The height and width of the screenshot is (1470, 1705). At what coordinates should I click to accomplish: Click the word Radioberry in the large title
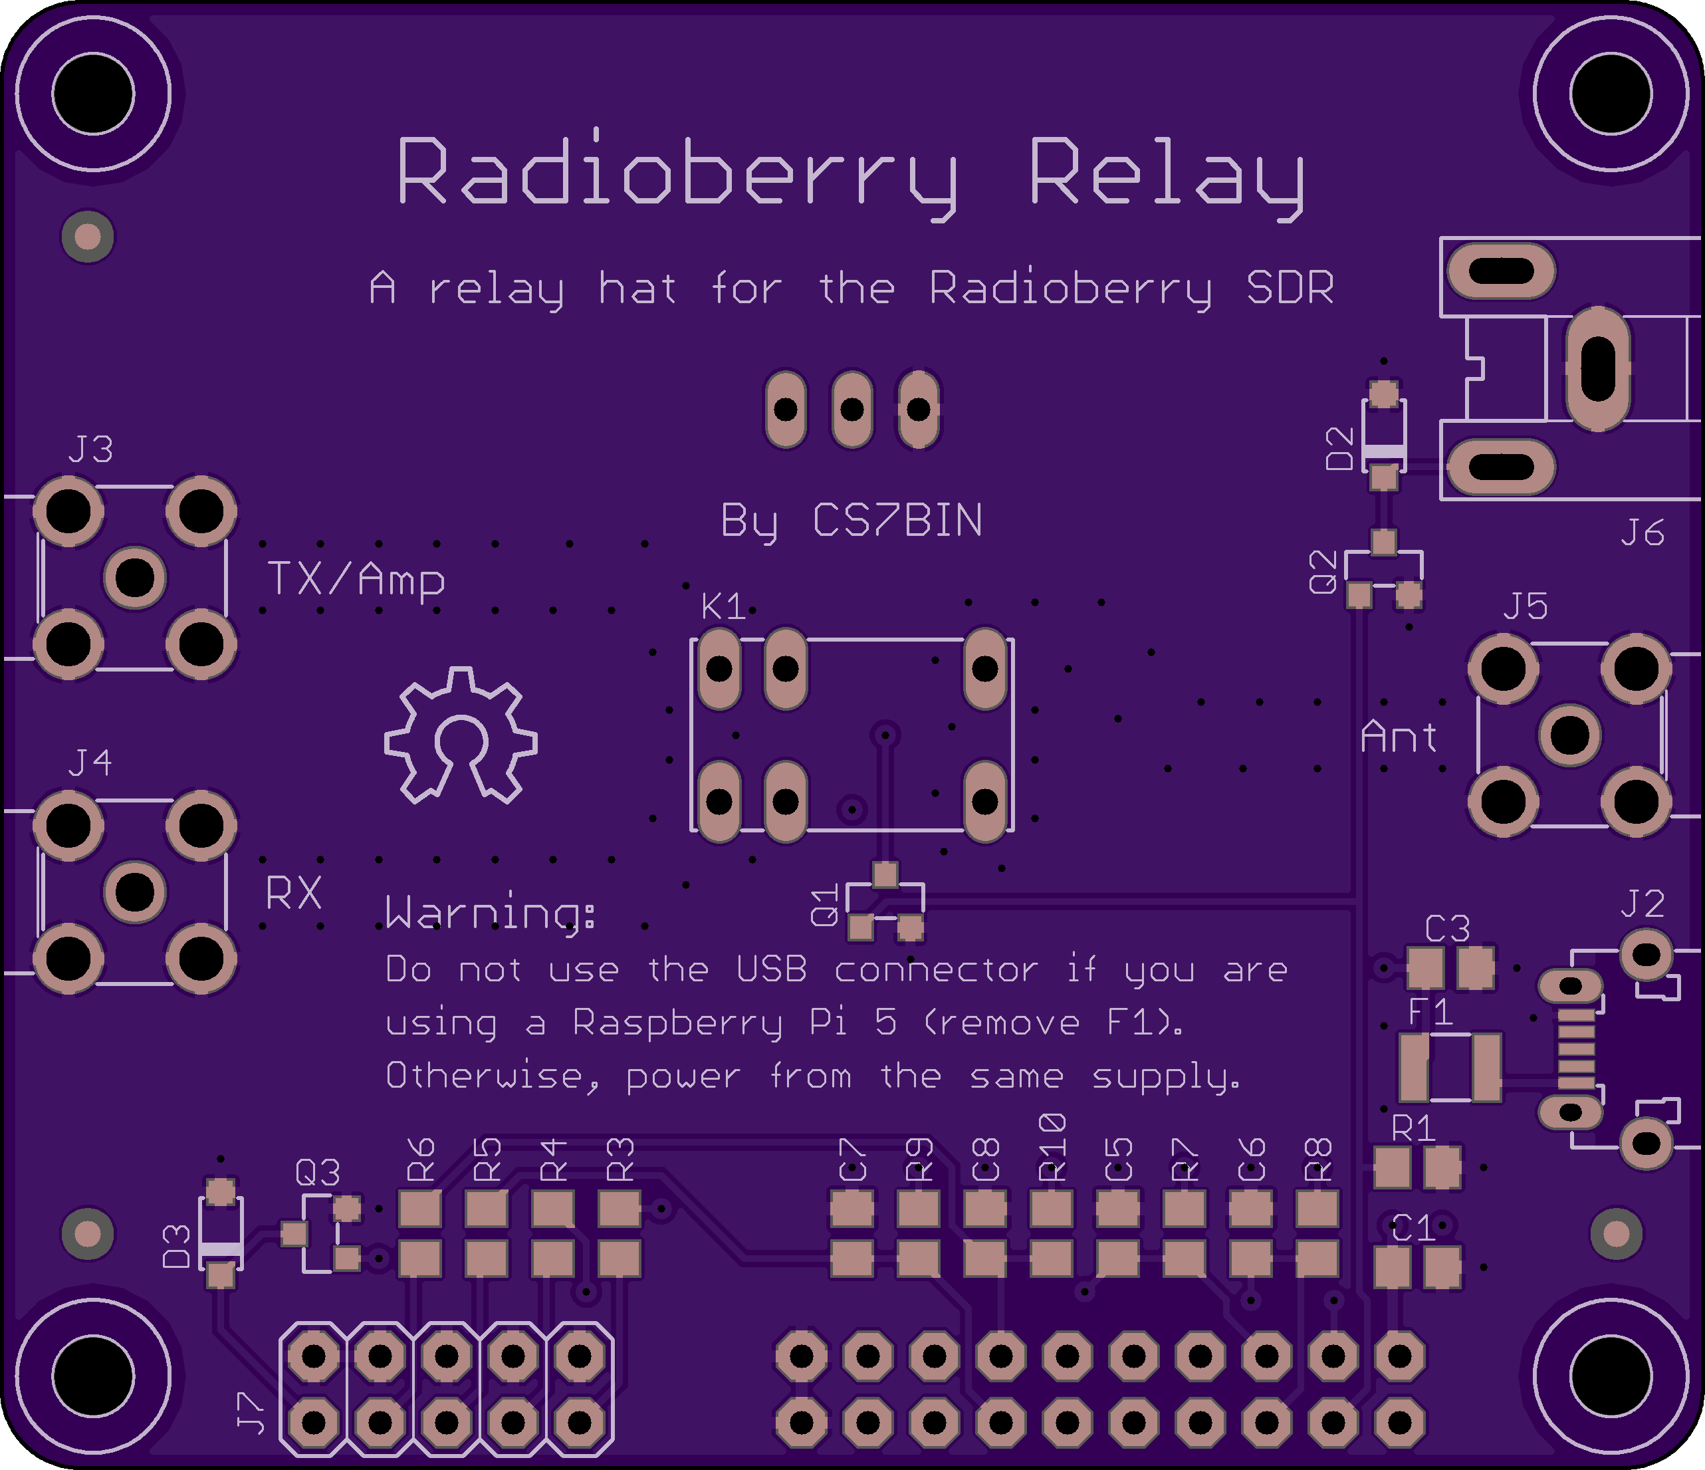pos(677,173)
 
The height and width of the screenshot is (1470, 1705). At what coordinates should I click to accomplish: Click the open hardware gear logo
pos(461,735)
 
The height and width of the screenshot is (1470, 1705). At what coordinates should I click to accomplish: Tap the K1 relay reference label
pos(723,608)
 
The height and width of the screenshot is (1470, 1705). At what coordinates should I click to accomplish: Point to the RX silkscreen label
pos(294,893)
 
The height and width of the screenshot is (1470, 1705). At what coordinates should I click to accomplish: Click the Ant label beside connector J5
pos(1399,736)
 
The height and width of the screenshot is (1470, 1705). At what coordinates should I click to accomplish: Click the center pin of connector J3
pos(135,577)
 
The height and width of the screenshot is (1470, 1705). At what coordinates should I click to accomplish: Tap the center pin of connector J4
pos(135,892)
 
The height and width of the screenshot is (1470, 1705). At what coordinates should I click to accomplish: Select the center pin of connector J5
pos(1570,735)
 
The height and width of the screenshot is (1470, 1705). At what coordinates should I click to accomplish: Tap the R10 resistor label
pos(1052,1148)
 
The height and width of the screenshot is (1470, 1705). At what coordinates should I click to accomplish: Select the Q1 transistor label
pos(824,906)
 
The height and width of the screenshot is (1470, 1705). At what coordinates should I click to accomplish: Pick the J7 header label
pos(251,1412)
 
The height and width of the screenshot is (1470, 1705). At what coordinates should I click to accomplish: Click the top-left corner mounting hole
pos(93,93)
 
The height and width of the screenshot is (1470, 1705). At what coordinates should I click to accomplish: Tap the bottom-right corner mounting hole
pos(1611,1376)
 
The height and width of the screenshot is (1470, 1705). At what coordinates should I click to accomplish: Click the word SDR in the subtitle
pos(1290,287)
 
